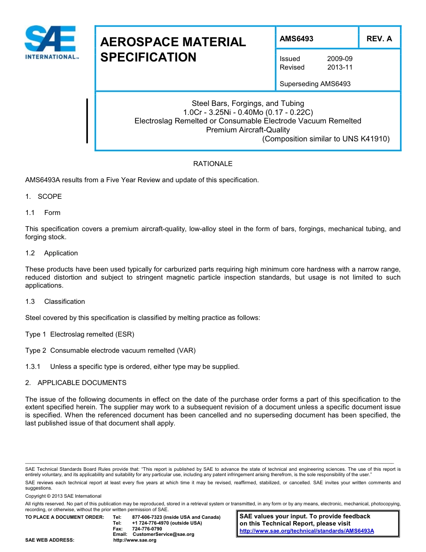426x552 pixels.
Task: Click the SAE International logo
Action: pos(50,43)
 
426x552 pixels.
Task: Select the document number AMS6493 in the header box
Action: pos(296,39)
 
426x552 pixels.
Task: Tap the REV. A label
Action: pos(379,39)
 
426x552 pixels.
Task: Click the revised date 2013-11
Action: pos(340,67)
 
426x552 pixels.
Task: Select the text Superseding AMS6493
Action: pos(315,84)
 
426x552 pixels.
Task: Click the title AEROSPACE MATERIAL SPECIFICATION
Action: pos(173,49)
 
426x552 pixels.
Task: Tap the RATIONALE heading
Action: pos(213,164)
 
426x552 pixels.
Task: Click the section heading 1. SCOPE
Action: pos(43,197)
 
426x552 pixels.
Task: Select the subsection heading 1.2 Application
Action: pos(52,253)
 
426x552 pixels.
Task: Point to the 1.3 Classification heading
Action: pos(55,302)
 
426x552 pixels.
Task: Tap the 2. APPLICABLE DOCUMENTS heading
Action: pos(76,383)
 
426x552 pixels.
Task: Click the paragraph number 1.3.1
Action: pos(33,367)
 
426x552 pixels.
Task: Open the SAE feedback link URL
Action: pos(307,531)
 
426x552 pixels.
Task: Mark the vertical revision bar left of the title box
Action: pos(87,121)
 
